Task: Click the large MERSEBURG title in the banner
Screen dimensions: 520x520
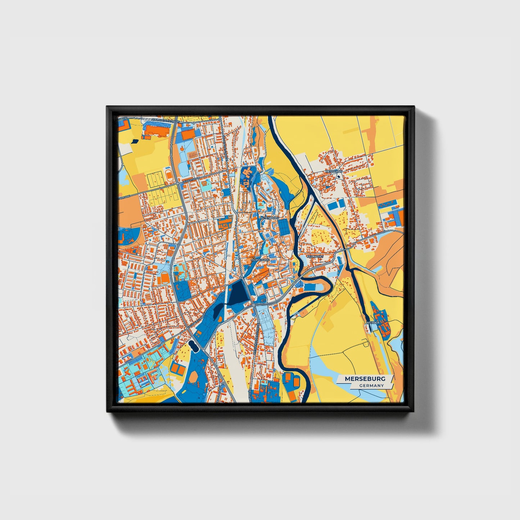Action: tap(365, 379)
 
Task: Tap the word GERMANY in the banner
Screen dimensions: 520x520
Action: tap(371, 386)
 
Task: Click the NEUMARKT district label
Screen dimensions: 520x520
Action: tap(315, 256)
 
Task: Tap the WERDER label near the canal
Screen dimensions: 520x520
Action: tap(372, 323)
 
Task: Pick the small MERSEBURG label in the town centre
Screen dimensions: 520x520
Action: tap(260, 259)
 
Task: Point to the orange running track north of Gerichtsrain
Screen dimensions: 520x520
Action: tap(168, 175)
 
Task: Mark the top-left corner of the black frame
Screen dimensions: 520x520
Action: tap(107, 107)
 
